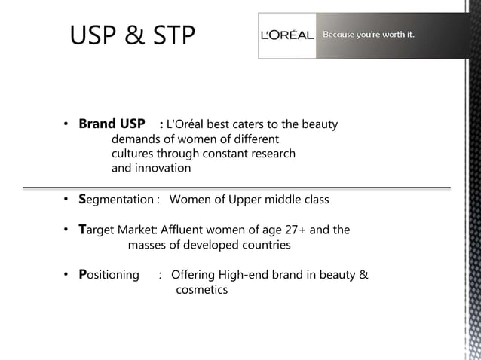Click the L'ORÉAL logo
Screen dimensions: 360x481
pos(288,36)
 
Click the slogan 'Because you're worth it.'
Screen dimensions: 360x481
pos(369,34)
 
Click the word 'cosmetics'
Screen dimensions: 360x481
pos(201,290)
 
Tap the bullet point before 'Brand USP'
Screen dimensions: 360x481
pos(66,124)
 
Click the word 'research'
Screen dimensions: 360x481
pos(271,154)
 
